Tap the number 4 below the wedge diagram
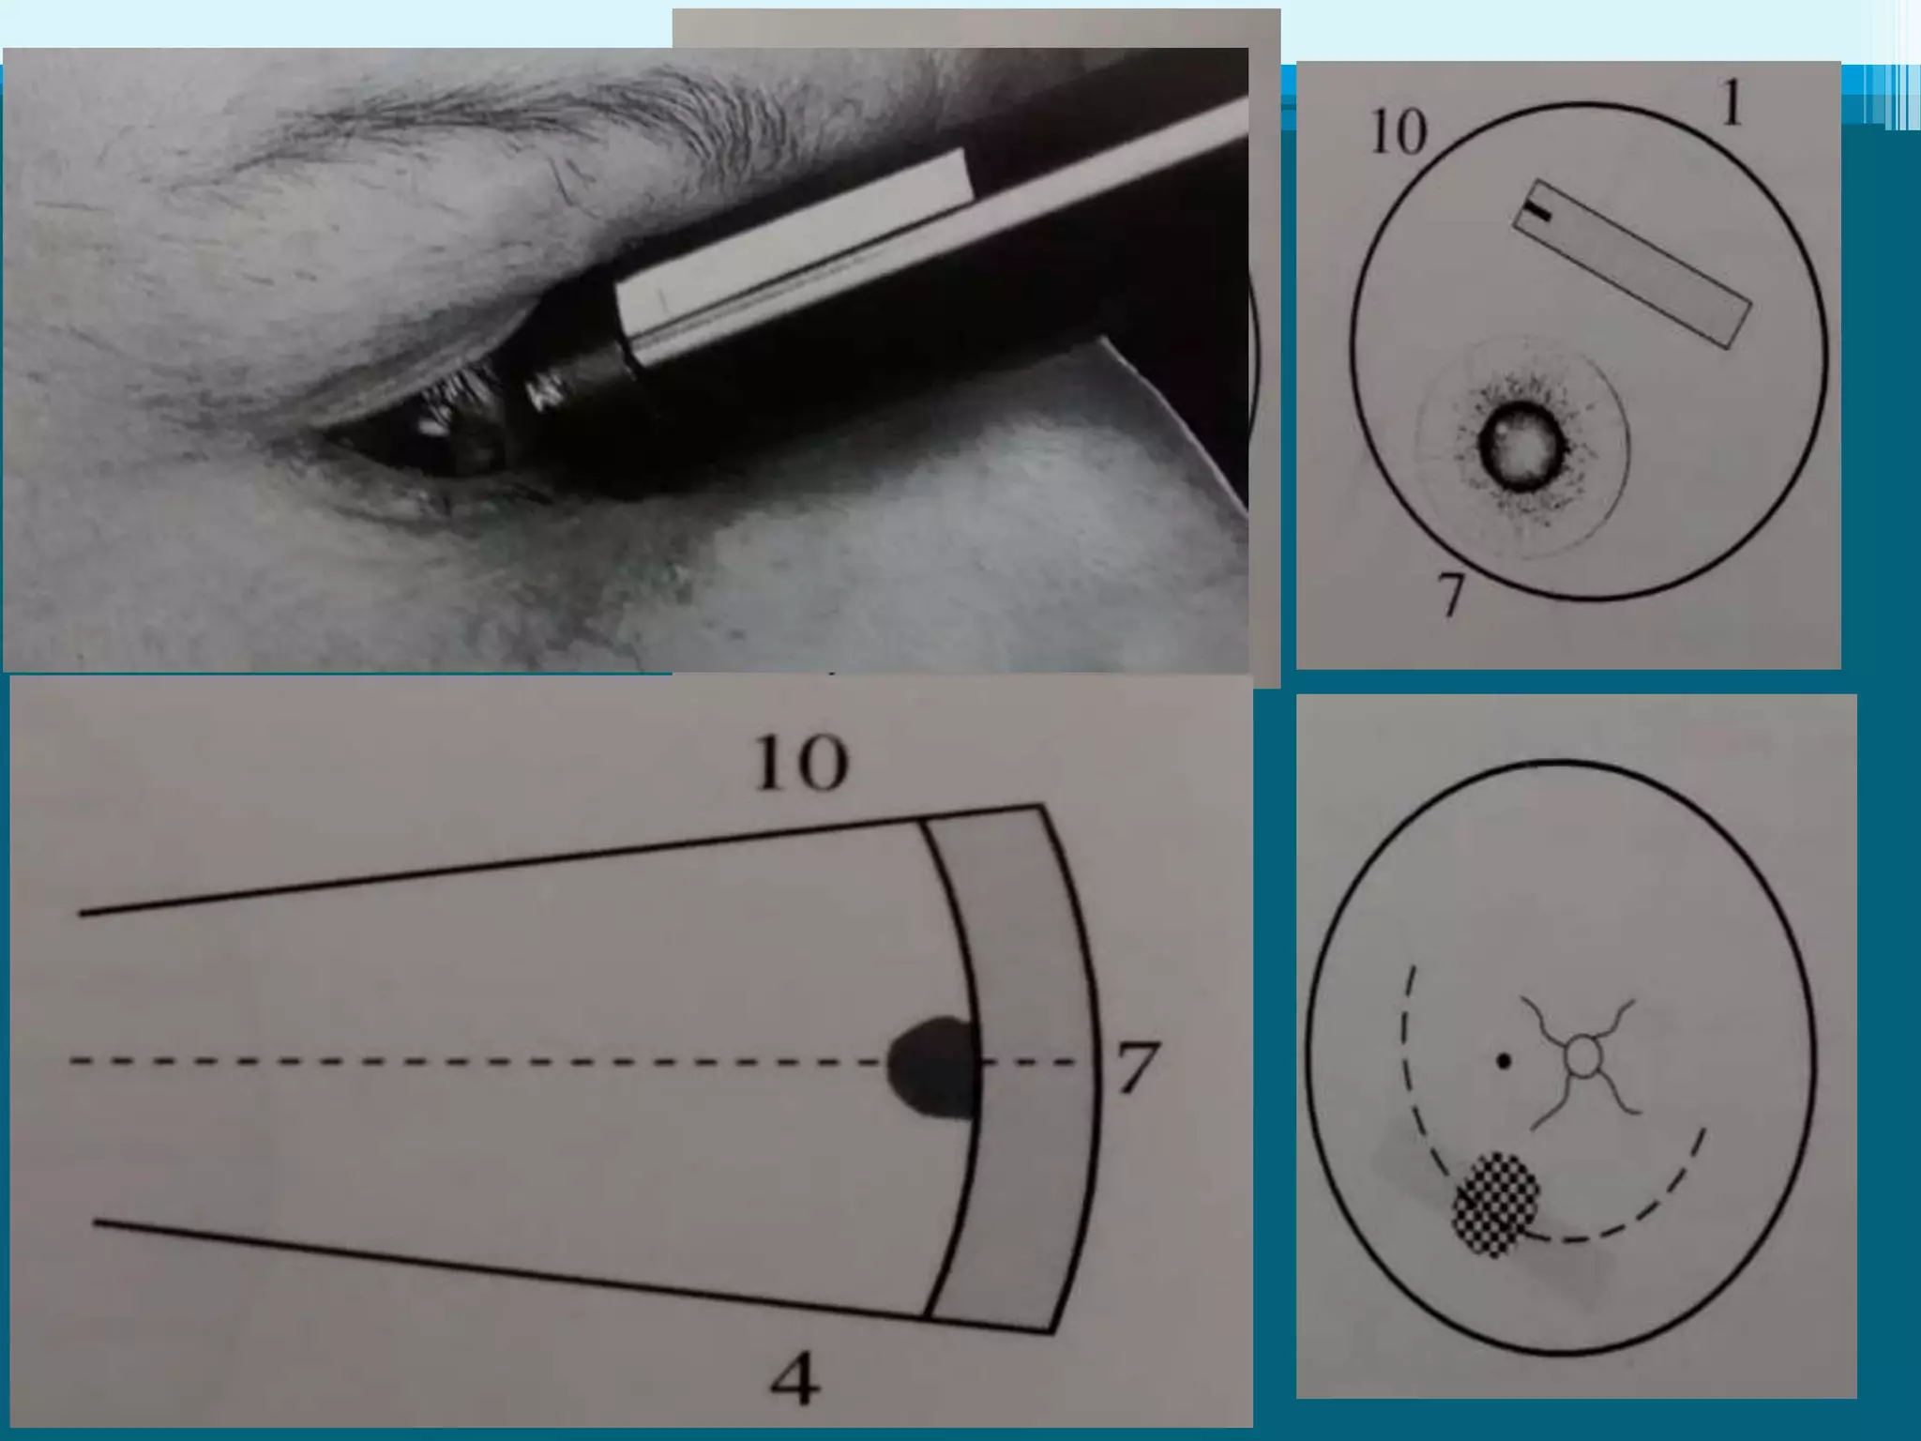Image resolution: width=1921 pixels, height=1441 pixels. [794, 1378]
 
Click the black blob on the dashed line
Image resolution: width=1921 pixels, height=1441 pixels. [934, 1068]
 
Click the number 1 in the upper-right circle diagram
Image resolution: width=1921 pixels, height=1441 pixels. [1732, 102]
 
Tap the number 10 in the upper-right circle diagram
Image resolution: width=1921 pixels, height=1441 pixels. [1399, 132]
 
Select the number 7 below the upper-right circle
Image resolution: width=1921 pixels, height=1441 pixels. [1451, 594]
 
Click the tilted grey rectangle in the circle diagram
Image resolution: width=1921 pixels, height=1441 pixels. [1631, 264]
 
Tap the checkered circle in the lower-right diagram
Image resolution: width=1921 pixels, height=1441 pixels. [1496, 1204]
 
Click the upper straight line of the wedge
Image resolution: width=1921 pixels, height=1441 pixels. [561, 859]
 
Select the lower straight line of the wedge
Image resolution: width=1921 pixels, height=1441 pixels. [574, 1277]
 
